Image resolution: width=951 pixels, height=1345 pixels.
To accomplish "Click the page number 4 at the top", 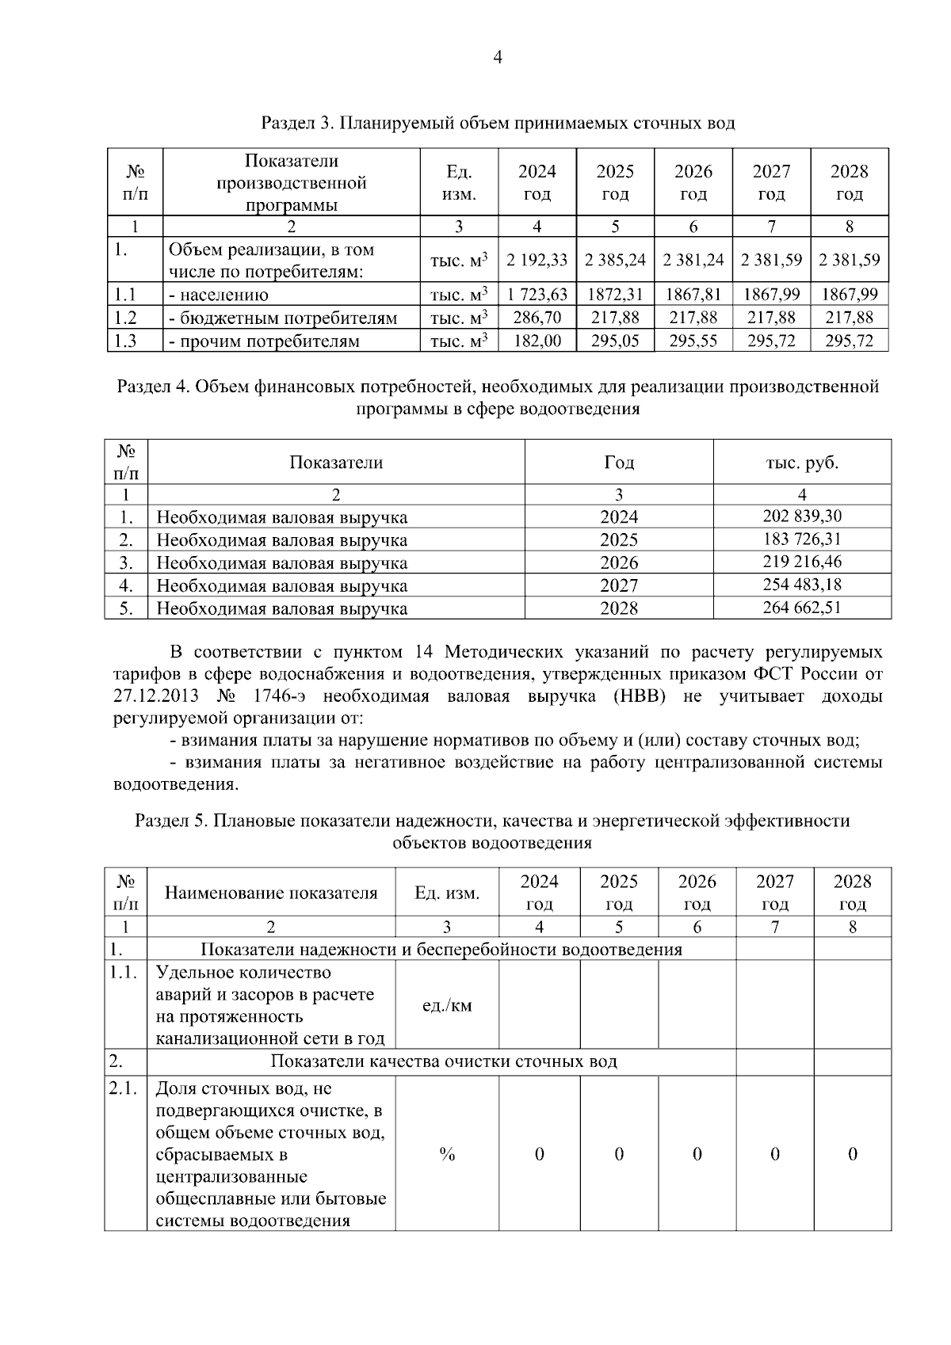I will pos(498,57).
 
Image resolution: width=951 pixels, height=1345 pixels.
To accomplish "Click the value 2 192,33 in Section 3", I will pos(537,260).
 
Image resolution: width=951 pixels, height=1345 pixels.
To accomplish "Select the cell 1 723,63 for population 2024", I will pos(537,295).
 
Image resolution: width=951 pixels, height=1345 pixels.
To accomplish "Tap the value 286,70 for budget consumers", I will pos(537,318).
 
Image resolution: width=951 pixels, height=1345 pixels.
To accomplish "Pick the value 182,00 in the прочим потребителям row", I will pos(537,341).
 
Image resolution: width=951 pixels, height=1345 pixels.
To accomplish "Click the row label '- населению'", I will pos(219,295).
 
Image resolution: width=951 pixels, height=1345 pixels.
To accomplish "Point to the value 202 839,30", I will pos(801,516).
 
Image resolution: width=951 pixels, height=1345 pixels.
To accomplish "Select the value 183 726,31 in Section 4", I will pos(801,539).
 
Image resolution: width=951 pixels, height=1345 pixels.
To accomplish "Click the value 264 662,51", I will pos(801,608).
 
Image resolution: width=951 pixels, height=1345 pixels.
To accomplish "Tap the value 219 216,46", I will pos(801,562).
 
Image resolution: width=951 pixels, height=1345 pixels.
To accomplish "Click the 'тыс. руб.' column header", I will pos(801,463).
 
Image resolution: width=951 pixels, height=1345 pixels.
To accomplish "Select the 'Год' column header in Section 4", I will pos(618,463).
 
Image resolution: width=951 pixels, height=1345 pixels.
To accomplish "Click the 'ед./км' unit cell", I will pos(447,1006).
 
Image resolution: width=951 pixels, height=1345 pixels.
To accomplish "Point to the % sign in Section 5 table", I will pos(447,1154).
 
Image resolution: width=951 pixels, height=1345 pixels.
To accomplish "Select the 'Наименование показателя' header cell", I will pos(271,893).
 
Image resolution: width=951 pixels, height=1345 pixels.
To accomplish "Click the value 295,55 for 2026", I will pos(693,341).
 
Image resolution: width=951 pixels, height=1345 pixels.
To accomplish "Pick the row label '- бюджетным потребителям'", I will pos(283,318).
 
